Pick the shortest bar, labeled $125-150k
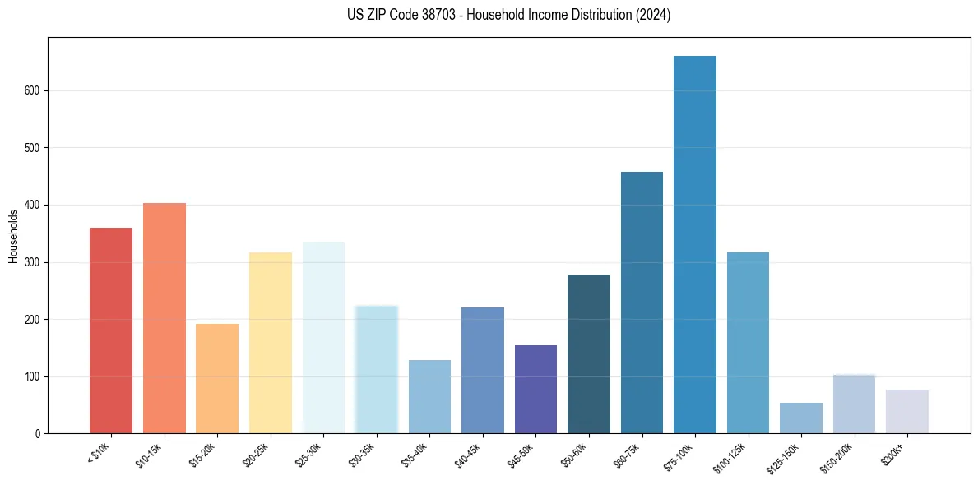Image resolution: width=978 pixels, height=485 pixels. coord(800,418)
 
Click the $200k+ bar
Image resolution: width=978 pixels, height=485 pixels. coord(906,412)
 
